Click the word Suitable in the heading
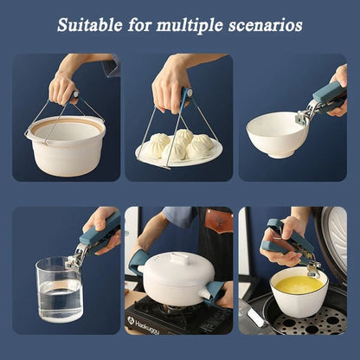coord(90,25)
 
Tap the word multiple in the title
coord(190,25)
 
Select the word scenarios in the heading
coord(266,25)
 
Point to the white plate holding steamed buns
coord(179,151)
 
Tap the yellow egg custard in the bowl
coord(299,285)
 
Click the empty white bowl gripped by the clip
coord(277,135)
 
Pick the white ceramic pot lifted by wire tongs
coord(66,145)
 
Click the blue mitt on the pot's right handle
coord(214,292)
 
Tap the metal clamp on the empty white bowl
coord(305,114)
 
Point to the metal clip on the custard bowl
coord(312,267)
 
